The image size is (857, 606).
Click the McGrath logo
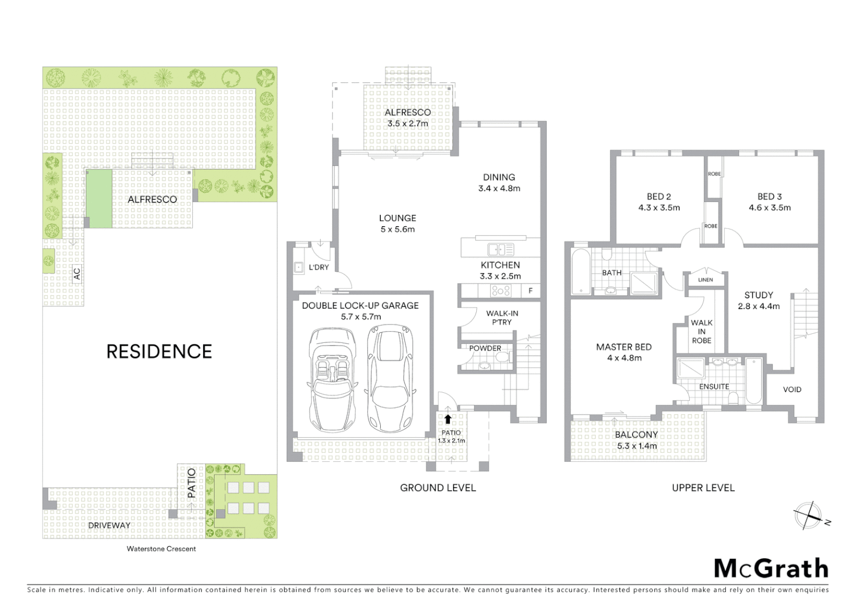771,568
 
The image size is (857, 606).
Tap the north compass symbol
808,516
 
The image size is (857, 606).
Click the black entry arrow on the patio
448,419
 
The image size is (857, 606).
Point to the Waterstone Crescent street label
161,549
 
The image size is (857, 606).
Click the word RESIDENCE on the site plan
159,352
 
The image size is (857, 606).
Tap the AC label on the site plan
77,274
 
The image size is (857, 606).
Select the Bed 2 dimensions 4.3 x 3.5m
659,208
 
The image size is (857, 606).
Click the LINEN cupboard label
706,279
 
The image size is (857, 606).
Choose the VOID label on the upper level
792,389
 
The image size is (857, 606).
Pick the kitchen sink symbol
500,249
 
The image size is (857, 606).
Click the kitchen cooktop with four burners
501,291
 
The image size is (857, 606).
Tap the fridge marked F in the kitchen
531,291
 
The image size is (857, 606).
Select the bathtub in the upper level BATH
580,273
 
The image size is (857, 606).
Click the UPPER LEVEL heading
703,488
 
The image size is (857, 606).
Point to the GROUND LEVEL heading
437,488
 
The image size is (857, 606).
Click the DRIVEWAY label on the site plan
109,526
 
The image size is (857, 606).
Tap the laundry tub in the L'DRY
298,268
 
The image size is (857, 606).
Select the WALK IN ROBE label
702,331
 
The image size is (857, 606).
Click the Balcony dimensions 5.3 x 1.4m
636,446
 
